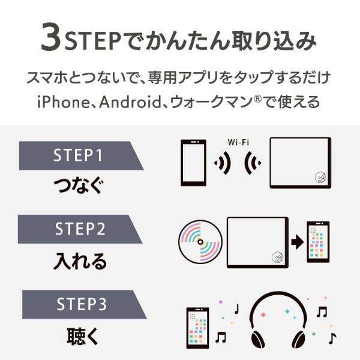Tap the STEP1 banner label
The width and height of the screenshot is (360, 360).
coord(79,155)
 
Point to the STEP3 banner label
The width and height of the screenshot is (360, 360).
coord(81,305)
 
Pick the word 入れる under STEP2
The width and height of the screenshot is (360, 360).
coord(80,260)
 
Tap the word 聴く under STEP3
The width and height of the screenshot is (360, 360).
coord(80,335)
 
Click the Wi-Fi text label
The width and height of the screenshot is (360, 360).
coord(239,143)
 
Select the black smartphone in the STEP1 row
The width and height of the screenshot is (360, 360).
coord(193,162)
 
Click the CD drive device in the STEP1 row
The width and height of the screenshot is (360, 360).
coord(300,163)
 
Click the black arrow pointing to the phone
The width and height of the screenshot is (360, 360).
coord(296,242)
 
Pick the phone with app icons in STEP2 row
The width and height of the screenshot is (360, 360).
coord(318,241)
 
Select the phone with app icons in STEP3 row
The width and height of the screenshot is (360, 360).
coord(197,328)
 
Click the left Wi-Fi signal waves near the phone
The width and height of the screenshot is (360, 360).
coord(223,163)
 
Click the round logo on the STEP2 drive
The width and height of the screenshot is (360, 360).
coord(277,256)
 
